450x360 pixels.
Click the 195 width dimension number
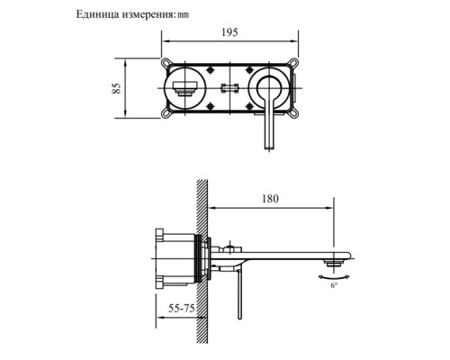click(230, 31)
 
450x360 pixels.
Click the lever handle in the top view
click(268, 117)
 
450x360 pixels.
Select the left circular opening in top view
click(185, 88)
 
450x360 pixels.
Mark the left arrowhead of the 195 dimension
click(166, 41)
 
